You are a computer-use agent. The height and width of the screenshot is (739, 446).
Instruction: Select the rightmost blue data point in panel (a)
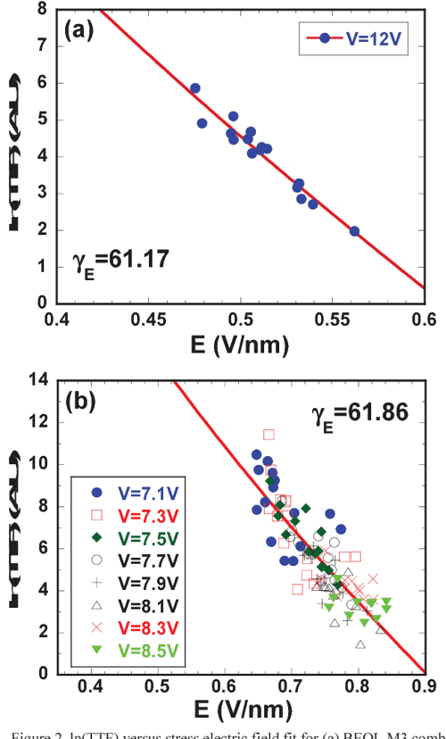pos(354,231)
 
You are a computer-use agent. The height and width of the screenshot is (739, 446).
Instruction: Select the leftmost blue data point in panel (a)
pos(195,88)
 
